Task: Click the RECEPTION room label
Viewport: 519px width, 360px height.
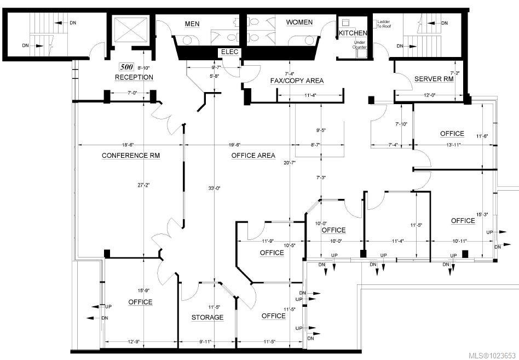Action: [134, 77]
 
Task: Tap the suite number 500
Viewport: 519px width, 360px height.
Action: [126, 67]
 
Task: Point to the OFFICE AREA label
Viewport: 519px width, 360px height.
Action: [253, 156]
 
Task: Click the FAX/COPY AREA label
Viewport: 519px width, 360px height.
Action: [297, 81]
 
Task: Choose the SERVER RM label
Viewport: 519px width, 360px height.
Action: [434, 79]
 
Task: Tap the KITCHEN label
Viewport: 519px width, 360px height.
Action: [353, 33]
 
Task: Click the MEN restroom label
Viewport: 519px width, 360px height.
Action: [192, 24]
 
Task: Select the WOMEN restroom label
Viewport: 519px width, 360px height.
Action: [299, 22]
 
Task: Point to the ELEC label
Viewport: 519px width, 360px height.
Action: [228, 52]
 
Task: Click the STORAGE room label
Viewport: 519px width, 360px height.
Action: [207, 317]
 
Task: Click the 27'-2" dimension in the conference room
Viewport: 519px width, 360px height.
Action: [143, 185]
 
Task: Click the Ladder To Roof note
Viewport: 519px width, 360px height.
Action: [383, 24]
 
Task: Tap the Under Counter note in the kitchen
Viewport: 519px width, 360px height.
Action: [360, 45]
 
